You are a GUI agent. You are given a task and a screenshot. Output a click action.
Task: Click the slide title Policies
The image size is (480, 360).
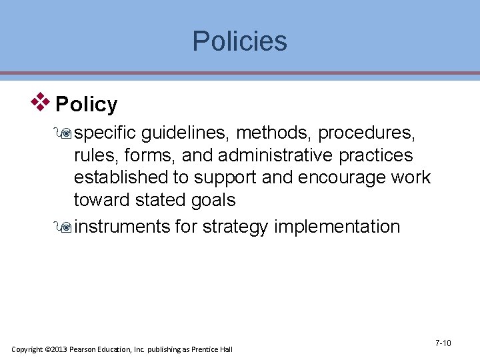tap(239, 41)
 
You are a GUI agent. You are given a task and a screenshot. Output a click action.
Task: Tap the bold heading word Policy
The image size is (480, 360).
tap(87, 105)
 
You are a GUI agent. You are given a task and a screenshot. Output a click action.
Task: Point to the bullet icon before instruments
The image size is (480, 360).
tap(65, 227)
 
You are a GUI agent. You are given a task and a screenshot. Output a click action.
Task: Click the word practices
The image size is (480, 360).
tap(376, 156)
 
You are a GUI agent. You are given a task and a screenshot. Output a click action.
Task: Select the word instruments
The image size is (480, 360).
tap(122, 227)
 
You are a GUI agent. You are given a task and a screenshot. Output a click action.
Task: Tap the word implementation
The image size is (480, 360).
tap(337, 227)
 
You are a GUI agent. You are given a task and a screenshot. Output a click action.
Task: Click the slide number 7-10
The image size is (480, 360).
tap(443, 343)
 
